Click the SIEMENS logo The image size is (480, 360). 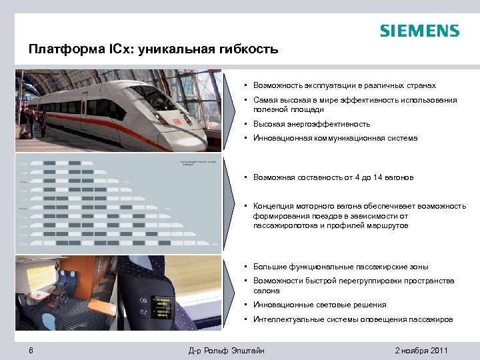[419, 31]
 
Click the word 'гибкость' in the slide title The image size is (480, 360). [247, 50]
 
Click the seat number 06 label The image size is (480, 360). [143, 301]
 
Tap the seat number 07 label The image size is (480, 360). [143, 311]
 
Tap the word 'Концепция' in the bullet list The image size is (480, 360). [273, 206]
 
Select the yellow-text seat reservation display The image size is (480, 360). [163, 306]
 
